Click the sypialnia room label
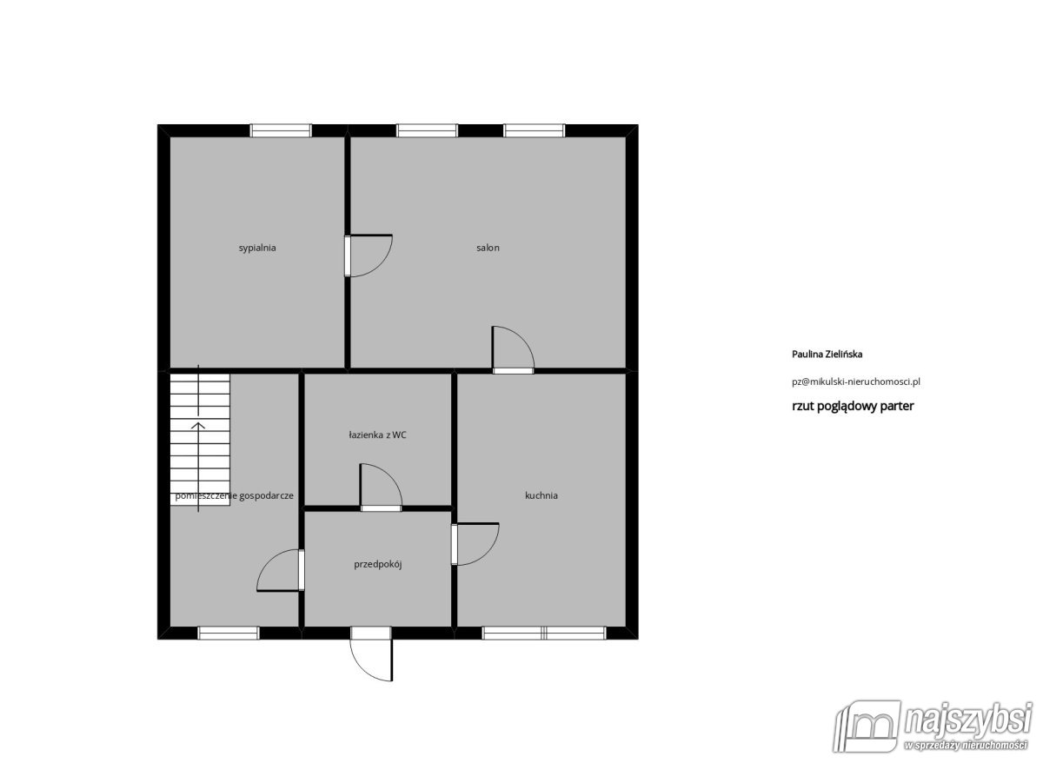pos(257,249)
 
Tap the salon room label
pos(488,248)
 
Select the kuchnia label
pos(541,495)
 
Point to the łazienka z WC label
pos(377,435)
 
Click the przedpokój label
pos(377,564)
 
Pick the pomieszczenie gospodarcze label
pos(234,496)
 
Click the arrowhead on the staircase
pos(198,425)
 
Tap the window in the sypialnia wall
pos(281,130)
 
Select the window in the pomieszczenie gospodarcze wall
pos(229,633)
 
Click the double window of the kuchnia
pos(544,633)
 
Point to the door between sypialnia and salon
pos(368,255)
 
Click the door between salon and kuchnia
pos(513,349)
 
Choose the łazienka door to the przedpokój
pos(381,487)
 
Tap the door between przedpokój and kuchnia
pos(475,544)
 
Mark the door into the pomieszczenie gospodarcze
pos(280,570)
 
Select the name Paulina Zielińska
pos(827,355)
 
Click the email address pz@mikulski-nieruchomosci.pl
pos(856,381)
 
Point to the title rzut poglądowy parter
pos(853,406)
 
